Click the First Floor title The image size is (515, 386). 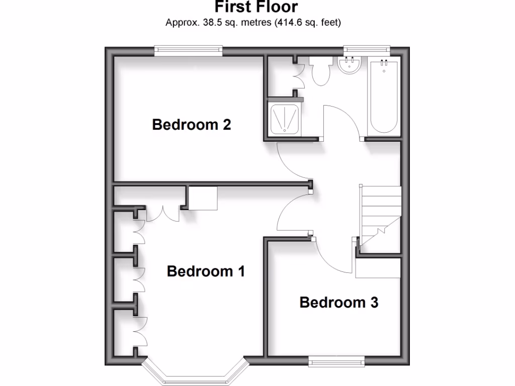click(256, 7)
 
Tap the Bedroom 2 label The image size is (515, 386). click(191, 124)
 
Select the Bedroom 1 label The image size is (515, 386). click(206, 271)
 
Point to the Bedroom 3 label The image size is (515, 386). click(338, 303)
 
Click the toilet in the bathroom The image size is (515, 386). click(320, 71)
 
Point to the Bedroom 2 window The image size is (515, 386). click(188, 49)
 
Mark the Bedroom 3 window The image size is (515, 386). click(336, 359)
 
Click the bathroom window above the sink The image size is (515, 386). click(367, 49)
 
